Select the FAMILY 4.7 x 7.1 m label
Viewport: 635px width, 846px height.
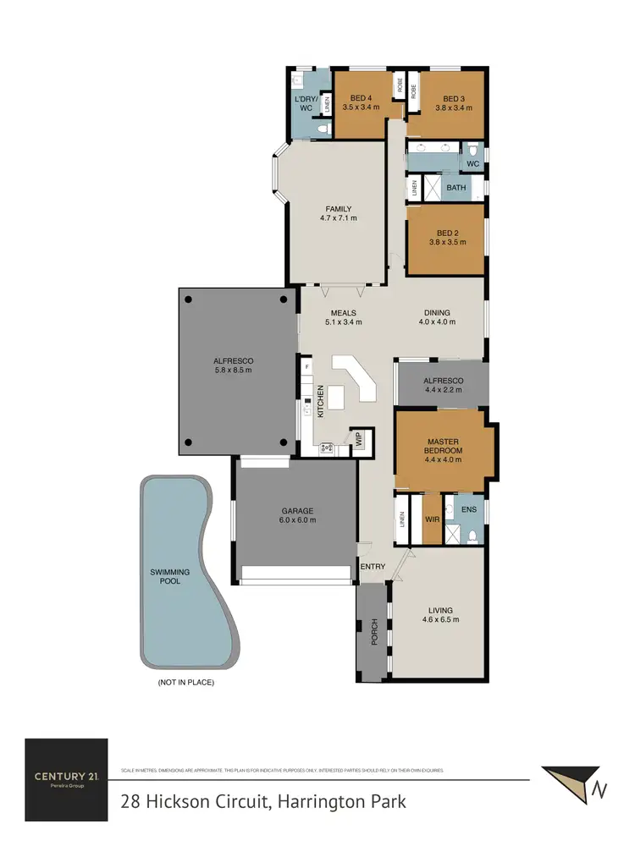(339, 213)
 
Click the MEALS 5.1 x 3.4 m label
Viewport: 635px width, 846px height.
(344, 317)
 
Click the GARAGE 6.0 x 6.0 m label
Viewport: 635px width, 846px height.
(298, 515)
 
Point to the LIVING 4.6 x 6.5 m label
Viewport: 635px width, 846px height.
(440, 614)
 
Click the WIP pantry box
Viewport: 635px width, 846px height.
(358, 440)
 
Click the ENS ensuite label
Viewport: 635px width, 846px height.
(468, 509)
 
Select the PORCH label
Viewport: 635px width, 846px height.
(374, 631)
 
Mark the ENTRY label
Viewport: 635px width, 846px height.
(373, 567)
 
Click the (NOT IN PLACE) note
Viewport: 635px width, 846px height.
(186, 682)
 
